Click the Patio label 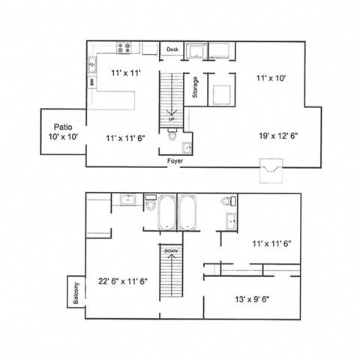[61, 127]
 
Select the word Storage [195, 88]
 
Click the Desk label [172, 49]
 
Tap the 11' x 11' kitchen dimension [124, 73]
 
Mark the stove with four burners [126, 49]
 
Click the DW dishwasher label [92, 82]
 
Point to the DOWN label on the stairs [170, 251]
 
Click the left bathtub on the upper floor [166, 214]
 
